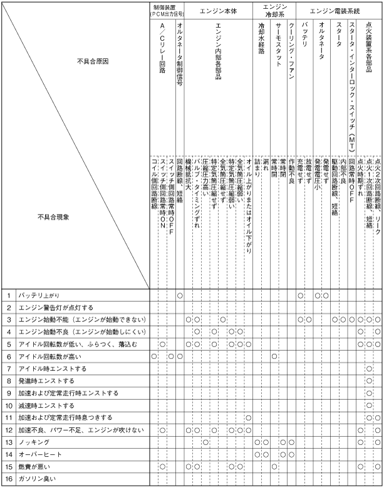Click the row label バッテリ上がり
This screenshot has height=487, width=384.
[39, 295]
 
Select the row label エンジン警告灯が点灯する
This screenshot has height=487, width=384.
[56, 308]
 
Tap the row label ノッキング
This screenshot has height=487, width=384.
[34, 442]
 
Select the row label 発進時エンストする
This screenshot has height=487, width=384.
[47, 381]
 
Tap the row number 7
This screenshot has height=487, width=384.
[9, 368]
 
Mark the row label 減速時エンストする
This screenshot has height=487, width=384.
[47, 405]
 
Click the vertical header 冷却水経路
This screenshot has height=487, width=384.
[261, 45]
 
